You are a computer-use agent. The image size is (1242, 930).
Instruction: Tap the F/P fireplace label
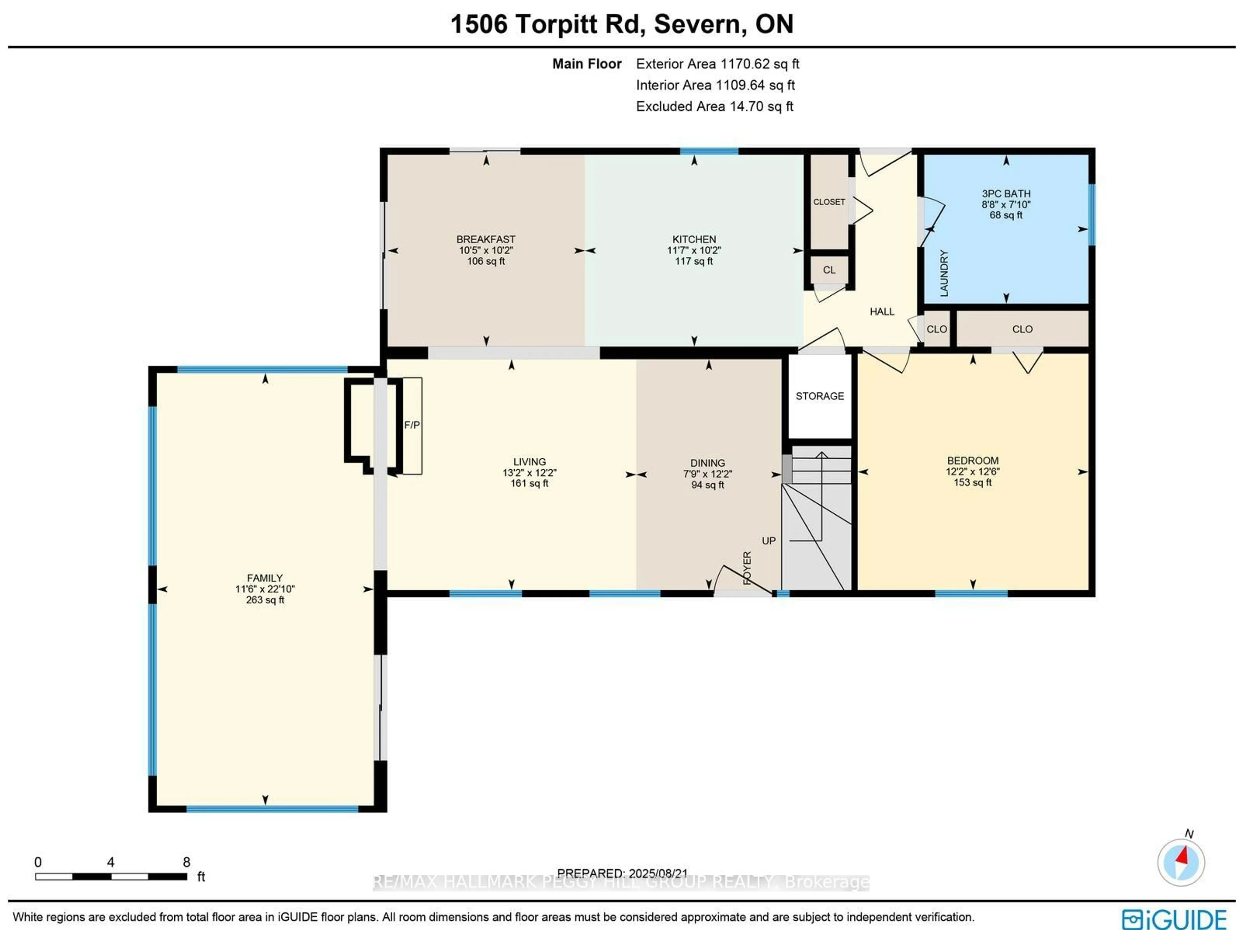pos(411,425)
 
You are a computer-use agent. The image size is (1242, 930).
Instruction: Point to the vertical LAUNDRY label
pos(944,273)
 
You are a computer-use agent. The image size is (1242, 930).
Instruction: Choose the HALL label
pos(881,312)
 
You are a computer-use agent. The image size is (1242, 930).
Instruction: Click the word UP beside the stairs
pos(768,541)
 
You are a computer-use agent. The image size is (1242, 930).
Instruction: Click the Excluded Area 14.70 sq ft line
pos(714,107)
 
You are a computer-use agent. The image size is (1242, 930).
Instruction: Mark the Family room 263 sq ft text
pos(265,600)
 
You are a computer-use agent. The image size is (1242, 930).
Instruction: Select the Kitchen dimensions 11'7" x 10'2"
pos(694,250)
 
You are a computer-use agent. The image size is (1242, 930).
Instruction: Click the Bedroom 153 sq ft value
pos(973,482)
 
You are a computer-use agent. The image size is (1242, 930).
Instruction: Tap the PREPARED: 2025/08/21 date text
pos(622,873)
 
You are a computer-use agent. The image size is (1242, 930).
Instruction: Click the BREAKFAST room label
pos(486,239)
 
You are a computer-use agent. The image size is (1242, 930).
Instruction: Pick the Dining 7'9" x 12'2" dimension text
pos(707,474)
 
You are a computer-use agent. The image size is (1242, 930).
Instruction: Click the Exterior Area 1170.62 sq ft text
pos(717,64)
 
